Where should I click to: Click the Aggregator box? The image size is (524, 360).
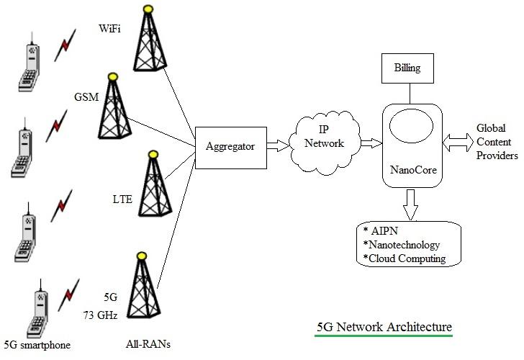[x=230, y=146]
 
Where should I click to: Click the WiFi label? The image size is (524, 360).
[x=109, y=30]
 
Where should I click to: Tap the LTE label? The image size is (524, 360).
[x=122, y=198]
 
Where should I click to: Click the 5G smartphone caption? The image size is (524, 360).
[x=37, y=345]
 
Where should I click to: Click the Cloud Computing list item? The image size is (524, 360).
[x=407, y=258]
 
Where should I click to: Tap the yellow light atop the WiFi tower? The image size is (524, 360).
[x=148, y=9]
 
